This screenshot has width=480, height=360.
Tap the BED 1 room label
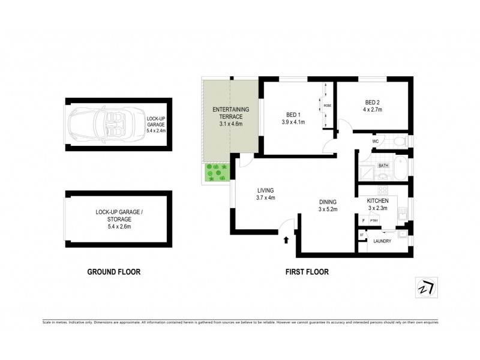point(293,115)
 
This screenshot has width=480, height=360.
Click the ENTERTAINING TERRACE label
point(231,110)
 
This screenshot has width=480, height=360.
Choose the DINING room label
point(328,202)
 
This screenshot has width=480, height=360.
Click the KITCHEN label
point(378,200)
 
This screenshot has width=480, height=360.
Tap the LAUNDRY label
point(382,241)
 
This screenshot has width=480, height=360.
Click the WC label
point(375,142)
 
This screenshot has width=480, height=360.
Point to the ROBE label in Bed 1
point(328,106)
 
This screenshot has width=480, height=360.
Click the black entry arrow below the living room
point(286,241)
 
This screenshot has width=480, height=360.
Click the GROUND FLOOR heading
point(114,272)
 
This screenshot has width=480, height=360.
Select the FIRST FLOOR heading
point(307,272)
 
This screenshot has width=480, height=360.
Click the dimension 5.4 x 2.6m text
point(118,226)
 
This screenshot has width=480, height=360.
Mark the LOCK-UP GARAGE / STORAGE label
point(118,215)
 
